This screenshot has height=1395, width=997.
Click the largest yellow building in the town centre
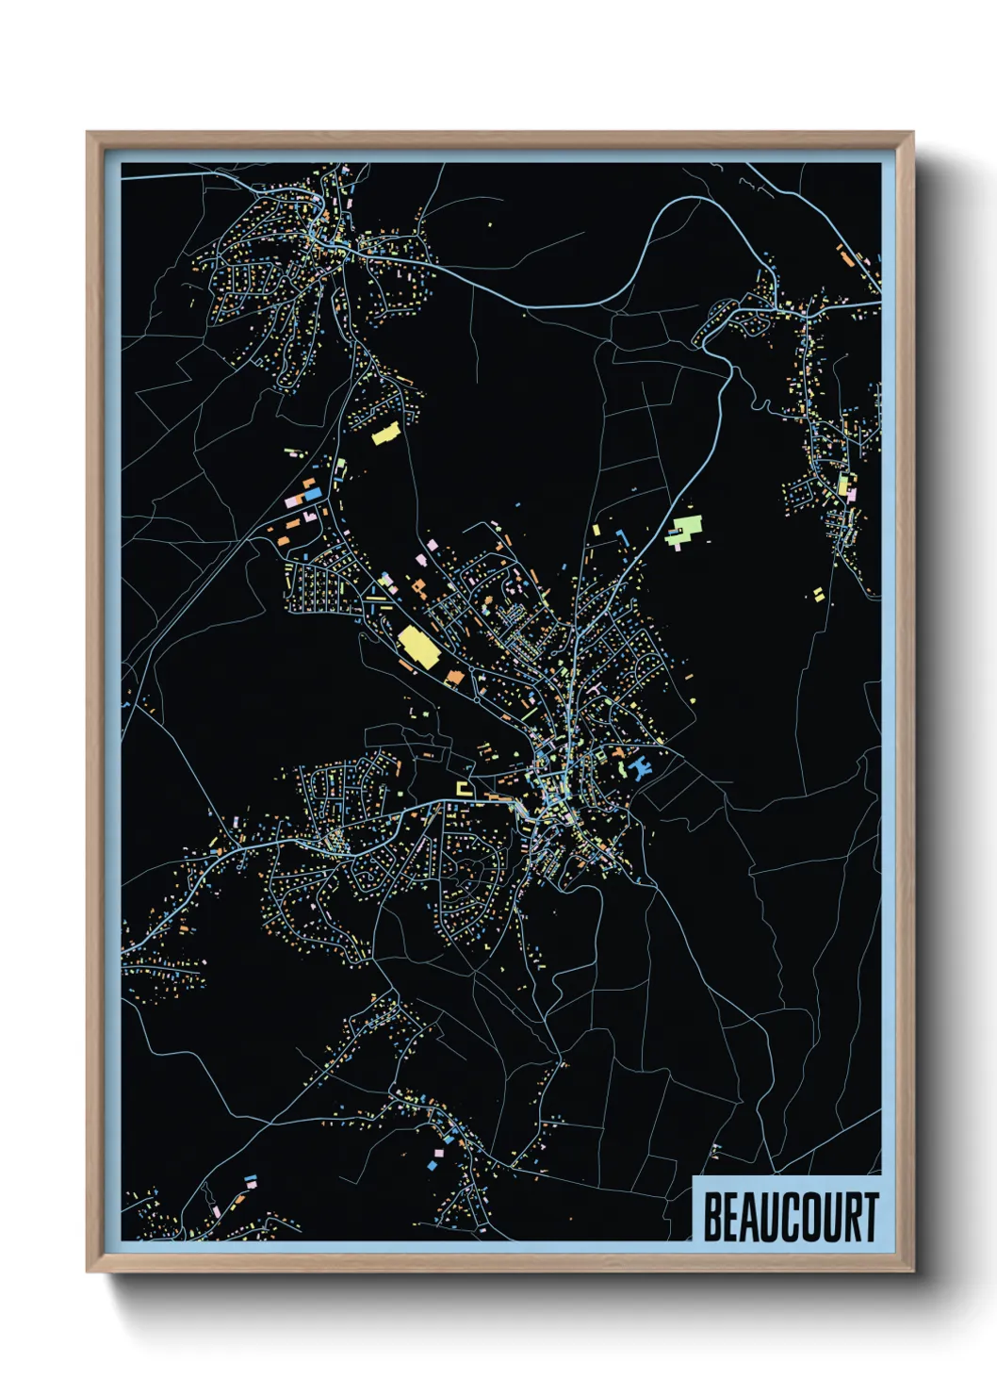[x=418, y=647]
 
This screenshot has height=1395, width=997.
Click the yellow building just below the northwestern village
[x=385, y=434]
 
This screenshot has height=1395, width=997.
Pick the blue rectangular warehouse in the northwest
[x=311, y=494]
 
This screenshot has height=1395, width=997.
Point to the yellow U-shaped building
[x=463, y=788]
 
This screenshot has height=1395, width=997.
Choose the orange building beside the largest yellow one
[x=454, y=676]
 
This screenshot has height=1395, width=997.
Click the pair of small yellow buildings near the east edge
[x=818, y=594]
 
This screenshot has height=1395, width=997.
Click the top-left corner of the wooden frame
[x=89, y=134]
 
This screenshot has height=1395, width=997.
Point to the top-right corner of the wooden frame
[x=912, y=134]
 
